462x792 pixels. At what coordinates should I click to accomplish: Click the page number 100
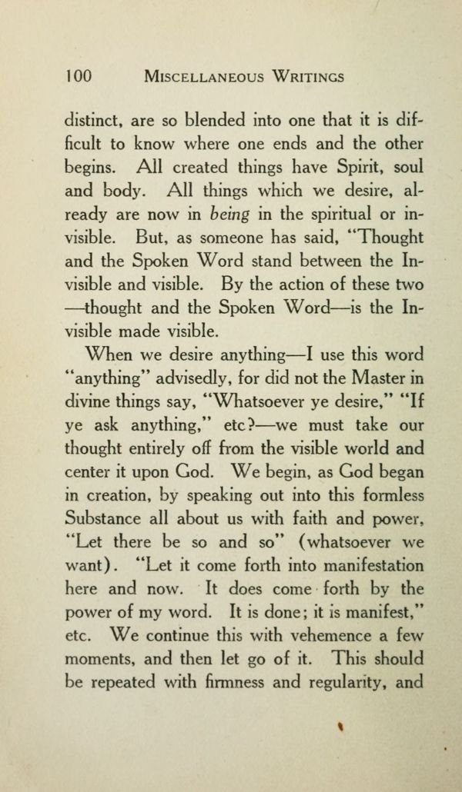click(x=79, y=76)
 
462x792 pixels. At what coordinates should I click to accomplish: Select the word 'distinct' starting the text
click(x=92, y=121)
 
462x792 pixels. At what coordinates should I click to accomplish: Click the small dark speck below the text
click(x=339, y=724)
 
